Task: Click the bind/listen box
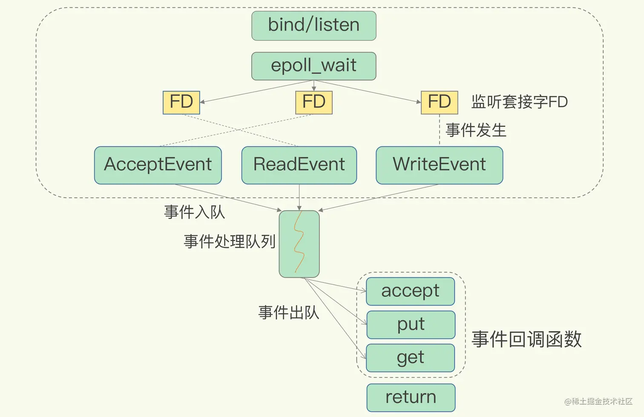click(313, 26)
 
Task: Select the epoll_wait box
click(313, 66)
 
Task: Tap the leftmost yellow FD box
click(181, 102)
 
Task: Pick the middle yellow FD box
click(313, 102)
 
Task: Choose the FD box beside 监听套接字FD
click(439, 102)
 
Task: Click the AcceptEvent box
click(158, 165)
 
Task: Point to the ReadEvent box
click(299, 165)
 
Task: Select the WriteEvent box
click(439, 165)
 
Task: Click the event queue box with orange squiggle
click(299, 244)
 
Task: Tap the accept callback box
click(410, 291)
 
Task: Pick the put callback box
click(411, 325)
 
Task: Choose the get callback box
click(410, 358)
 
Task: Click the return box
click(411, 397)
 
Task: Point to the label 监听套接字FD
click(519, 102)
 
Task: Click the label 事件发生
click(476, 130)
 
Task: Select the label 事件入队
click(194, 212)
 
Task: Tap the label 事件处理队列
click(230, 242)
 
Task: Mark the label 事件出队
click(288, 313)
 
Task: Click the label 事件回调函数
click(526, 340)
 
